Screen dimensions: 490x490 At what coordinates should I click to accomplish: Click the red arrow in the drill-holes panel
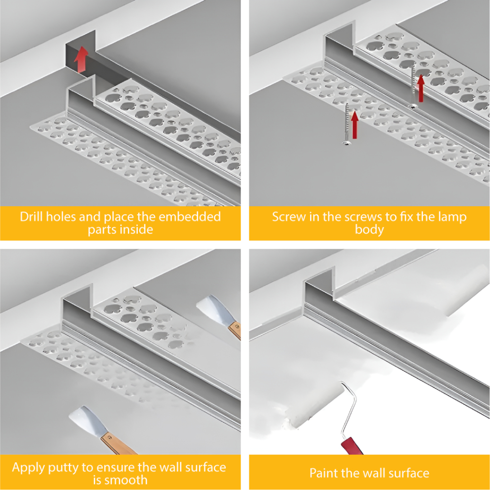click(x=81, y=59)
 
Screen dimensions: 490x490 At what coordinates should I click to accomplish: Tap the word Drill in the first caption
click(x=32, y=217)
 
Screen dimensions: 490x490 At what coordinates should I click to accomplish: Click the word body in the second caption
click(x=369, y=230)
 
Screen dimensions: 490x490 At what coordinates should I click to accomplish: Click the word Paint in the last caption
click(x=324, y=473)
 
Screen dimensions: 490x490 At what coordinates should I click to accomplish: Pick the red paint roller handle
click(x=352, y=445)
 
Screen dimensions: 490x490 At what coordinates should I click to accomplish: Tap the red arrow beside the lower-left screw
click(x=355, y=125)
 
